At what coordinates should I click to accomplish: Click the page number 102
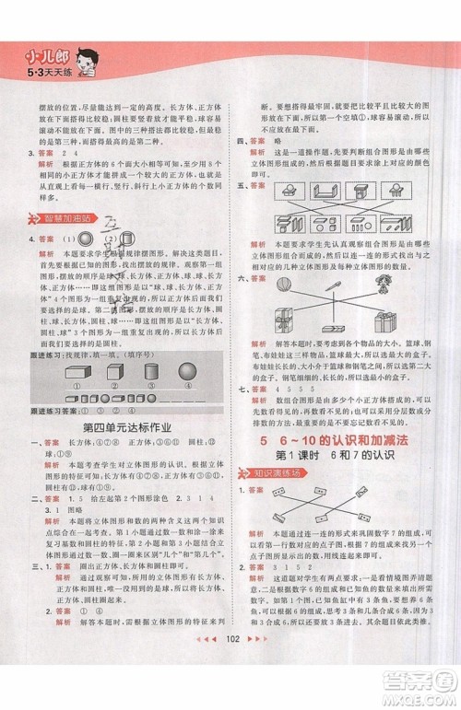click(x=230, y=690)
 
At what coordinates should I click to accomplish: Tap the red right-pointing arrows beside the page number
click(x=261, y=690)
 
